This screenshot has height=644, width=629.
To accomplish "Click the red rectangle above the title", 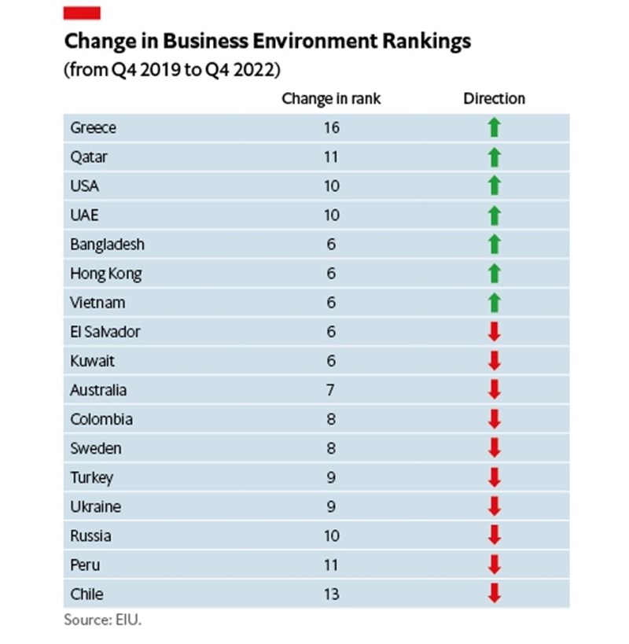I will (82, 13).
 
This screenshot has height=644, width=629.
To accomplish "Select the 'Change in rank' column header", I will (331, 99).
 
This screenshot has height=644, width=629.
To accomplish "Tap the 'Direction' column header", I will (494, 99).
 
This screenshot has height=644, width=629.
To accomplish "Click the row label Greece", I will (94, 127).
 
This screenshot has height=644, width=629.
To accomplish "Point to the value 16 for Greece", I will (331, 127).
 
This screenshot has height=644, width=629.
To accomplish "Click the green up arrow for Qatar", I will (494, 157).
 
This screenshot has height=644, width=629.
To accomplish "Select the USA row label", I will (85, 186).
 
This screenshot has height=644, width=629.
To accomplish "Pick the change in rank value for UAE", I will (331, 215).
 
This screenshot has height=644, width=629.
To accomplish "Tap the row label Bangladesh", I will (108, 245).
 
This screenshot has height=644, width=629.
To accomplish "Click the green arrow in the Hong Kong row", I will (494, 274).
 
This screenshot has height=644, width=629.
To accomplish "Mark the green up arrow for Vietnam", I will (494, 303).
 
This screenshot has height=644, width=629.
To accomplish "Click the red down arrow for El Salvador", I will (494, 332).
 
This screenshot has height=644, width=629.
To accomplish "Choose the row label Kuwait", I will (92, 361).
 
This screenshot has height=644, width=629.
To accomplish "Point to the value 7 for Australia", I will (331, 390).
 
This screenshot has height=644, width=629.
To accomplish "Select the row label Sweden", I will (96, 448).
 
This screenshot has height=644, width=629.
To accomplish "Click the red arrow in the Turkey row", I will (494, 477).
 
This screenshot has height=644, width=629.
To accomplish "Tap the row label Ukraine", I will (96, 506).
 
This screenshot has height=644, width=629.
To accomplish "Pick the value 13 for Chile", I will (331, 594).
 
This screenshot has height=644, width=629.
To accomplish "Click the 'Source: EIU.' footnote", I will (103, 620).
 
